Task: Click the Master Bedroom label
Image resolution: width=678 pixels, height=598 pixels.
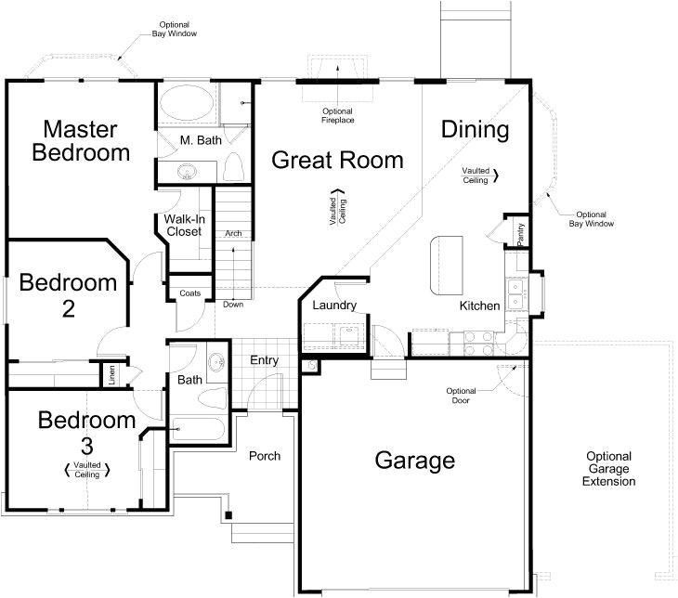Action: click(80, 140)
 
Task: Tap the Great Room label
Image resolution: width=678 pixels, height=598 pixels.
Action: click(337, 160)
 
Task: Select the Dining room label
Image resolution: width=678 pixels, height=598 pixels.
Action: click(475, 130)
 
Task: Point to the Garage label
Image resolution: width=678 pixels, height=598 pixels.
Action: click(414, 460)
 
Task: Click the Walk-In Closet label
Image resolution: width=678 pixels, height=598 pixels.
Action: click(183, 225)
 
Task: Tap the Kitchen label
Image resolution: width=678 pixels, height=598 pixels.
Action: click(479, 305)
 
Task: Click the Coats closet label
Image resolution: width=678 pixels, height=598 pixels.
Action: click(189, 293)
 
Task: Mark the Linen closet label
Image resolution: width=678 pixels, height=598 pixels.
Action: click(111, 375)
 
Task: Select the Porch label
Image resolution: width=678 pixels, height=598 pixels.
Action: click(264, 456)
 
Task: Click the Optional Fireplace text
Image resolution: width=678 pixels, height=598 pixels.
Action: click(338, 115)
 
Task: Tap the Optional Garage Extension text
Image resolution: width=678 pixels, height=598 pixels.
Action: click(609, 469)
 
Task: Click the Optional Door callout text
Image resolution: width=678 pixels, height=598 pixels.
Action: click(462, 396)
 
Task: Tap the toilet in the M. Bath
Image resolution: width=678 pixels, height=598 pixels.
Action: click(233, 169)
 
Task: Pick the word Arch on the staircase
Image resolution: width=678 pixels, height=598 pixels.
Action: click(233, 234)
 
